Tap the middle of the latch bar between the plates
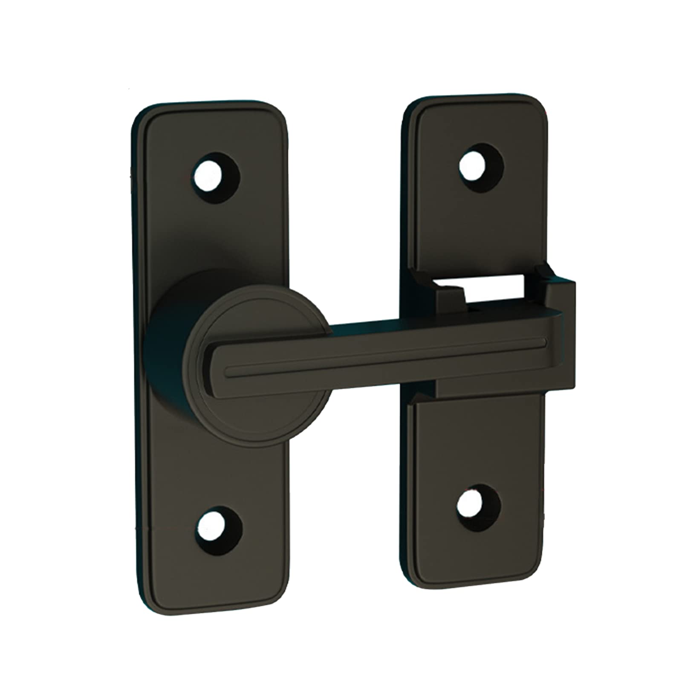[375, 341]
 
